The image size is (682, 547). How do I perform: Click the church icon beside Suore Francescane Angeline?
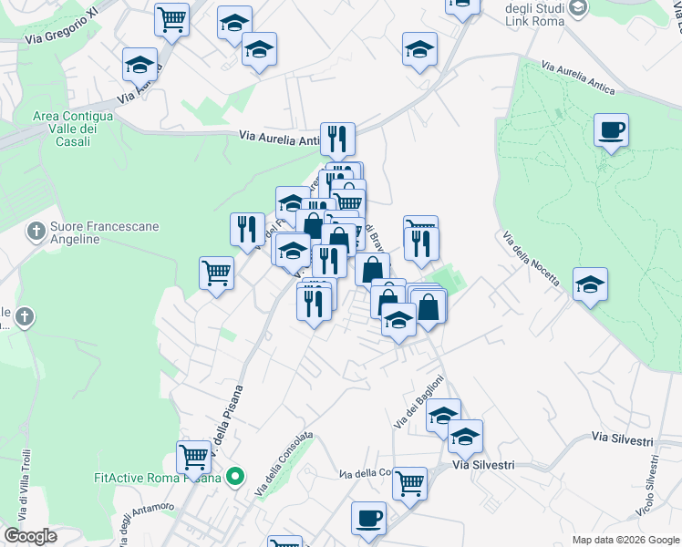[x=36, y=228]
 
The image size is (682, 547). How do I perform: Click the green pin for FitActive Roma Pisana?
[x=235, y=476]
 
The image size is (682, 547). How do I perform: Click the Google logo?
[x=30, y=536]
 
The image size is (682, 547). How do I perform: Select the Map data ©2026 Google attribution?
[x=625, y=540]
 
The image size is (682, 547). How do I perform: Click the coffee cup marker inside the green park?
[x=611, y=129]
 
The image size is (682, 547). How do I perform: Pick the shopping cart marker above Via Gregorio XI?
[x=171, y=19]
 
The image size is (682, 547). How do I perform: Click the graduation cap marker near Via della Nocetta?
[x=590, y=284]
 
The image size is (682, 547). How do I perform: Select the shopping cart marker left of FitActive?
[x=193, y=456]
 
